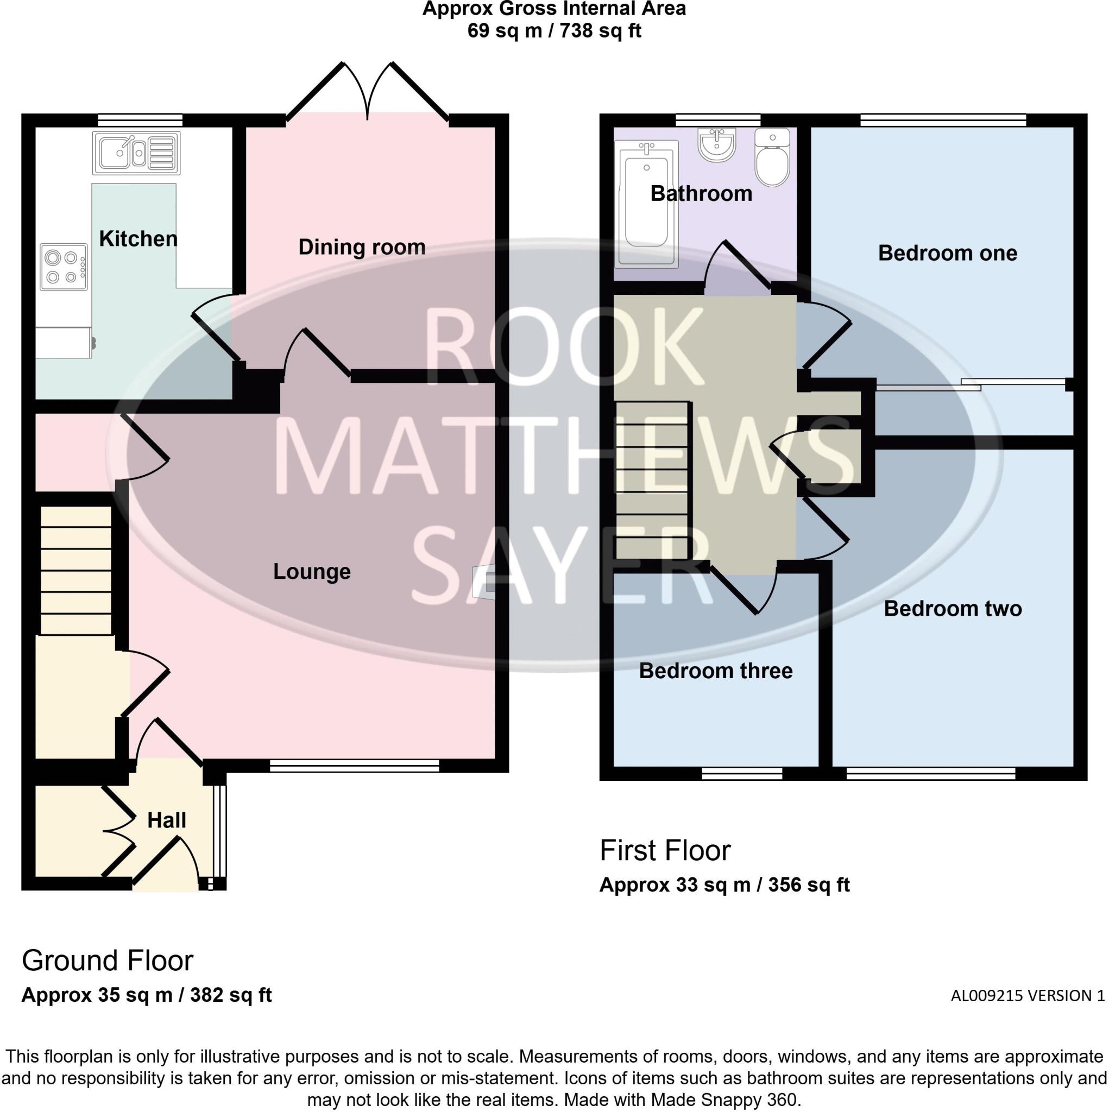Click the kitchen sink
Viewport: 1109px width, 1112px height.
click(x=136, y=153)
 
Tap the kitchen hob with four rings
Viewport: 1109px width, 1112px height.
click(x=64, y=267)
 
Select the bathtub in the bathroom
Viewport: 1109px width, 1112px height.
click(x=646, y=204)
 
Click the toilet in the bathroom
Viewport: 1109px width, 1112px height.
click(x=772, y=157)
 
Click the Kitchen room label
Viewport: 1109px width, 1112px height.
click(x=138, y=239)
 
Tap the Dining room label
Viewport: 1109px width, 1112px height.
click(x=362, y=247)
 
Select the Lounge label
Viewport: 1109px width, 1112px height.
click(x=312, y=572)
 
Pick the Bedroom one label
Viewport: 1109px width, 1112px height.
click(x=947, y=253)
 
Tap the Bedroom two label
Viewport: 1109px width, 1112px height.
click(x=953, y=608)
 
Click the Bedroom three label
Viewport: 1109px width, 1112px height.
click(x=715, y=671)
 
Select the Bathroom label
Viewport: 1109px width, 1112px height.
click(x=701, y=193)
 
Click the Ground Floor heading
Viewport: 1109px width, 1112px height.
click(x=107, y=961)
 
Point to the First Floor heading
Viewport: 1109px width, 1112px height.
click(x=665, y=851)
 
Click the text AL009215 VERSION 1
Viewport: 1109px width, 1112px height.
click(x=1027, y=996)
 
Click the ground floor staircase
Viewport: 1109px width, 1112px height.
click(x=75, y=570)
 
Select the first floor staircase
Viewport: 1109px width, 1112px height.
click(x=652, y=480)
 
